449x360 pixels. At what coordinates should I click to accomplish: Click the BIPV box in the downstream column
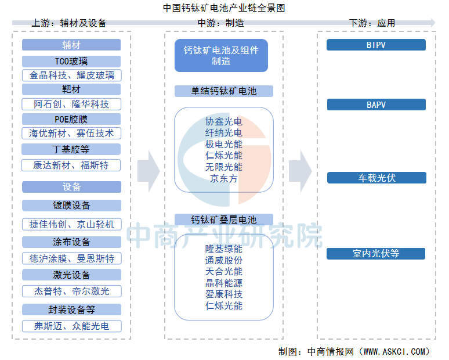pyautogui.click(x=376, y=45)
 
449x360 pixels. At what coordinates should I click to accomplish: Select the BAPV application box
pyautogui.click(x=376, y=105)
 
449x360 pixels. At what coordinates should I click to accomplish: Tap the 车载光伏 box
pyautogui.click(x=376, y=178)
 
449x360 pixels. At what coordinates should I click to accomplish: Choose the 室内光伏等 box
pyautogui.click(x=376, y=254)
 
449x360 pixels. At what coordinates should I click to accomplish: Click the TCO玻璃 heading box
pyautogui.click(x=71, y=62)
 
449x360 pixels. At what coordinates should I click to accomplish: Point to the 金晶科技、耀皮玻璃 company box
pyautogui.click(x=71, y=75)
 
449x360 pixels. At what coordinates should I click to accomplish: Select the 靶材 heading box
pyautogui.click(x=71, y=89)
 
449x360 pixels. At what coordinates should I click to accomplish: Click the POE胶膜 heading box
pyautogui.click(x=71, y=119)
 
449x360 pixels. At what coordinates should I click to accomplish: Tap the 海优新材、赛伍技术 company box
pyautogui.click(x=71, y=134)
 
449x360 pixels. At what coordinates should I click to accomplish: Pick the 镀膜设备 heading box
pyautogui.click(x=71, y=206)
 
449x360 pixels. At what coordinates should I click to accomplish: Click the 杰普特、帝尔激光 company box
pyautogui.click(x=72, y=291)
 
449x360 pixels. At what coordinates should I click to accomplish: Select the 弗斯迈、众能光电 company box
pyautogui.click(x=72, y=326)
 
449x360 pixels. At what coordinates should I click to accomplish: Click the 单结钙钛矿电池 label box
pyautogui.click(x=224, y=91)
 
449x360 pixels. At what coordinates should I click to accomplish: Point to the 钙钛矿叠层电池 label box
pyautogui.click(x=224, y=219)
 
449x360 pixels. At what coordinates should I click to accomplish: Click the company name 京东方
pyautogui.click(x=224, y=179)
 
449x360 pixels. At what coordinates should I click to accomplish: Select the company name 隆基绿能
pyautogui.click(x=224, y=249)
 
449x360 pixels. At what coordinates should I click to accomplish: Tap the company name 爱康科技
pyautogui.click(x=224, y=294)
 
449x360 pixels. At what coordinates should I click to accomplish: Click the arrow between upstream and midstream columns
pyautogui.click(x=149, y=171)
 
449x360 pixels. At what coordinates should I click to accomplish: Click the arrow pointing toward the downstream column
pyautogui.click(x=300, y=171)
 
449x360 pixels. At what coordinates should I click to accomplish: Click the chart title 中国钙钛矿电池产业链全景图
pyautogui.click(x=224, y=8)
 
